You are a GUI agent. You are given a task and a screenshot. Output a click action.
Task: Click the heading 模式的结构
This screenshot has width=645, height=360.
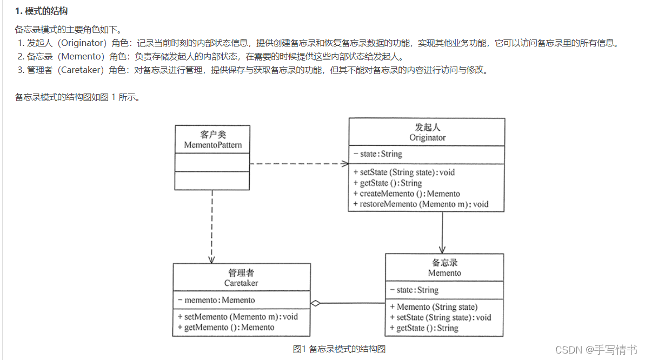(x=45, y=11)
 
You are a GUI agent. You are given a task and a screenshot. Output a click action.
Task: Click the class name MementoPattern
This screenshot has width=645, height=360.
(x=212, y=145)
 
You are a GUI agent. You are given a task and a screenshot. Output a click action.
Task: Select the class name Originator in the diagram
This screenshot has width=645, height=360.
(x=427, y=137)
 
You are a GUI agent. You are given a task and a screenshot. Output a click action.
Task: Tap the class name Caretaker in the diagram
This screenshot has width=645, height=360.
(x=241, y=283)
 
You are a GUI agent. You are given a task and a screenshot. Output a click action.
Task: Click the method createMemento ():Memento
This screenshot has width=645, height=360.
(x=407, y=194)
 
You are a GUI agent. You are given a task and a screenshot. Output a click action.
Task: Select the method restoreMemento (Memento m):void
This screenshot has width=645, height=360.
(x=421, y=204)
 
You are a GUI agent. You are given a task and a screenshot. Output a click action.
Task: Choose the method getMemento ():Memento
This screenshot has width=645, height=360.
(x=226, y=327)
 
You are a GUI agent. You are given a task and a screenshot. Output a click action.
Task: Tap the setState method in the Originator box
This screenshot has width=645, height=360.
(x=404, y=172)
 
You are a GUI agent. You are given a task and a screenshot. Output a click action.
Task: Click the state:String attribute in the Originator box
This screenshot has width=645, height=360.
(x=378, y=154)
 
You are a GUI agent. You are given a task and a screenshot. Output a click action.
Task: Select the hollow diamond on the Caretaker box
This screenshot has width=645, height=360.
(x=316, y=303)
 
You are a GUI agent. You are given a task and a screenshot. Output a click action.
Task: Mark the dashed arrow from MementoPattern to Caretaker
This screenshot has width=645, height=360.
(x=212, y=227)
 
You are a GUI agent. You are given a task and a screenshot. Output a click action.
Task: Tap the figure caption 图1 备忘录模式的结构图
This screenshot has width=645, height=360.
(x=339, y=349)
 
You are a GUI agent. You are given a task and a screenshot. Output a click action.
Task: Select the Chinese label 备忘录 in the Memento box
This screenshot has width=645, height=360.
(x=444, y=263)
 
